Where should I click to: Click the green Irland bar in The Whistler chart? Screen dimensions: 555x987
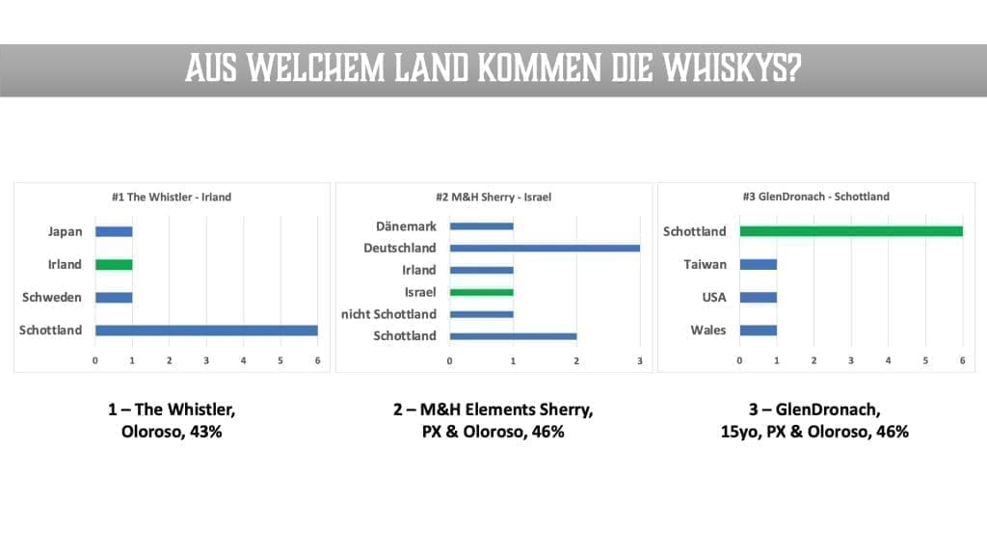pos(114,264)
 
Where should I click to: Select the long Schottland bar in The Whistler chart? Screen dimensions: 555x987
pos(206,330)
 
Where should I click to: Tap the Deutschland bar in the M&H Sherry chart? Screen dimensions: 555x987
pos(545,249)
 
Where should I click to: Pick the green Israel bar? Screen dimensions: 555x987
pos(481,292)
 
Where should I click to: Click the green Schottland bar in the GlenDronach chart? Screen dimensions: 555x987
pos(851,231)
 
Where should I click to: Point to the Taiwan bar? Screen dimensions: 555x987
pos(758,264)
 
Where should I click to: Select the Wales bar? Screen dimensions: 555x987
pos(758,330)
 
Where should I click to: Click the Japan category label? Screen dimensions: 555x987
pos(65,231)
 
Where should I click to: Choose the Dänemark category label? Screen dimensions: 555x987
pos(406,226)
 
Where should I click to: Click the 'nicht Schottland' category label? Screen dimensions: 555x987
pos(387,314)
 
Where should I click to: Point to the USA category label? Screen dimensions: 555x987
pos(713,298)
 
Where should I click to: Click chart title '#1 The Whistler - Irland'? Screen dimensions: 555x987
pos(171,198)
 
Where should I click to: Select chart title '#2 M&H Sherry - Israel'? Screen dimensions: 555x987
pos(493,198)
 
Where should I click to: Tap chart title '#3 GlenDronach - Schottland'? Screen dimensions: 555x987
pos(816,198)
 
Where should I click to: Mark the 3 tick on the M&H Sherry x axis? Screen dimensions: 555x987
pos(639,361)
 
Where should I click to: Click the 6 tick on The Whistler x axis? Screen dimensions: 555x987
pos(317,361)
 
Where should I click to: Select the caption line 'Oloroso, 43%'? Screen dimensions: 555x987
pos(172,432)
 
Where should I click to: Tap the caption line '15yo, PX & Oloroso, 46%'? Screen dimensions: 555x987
pos(816,432)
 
